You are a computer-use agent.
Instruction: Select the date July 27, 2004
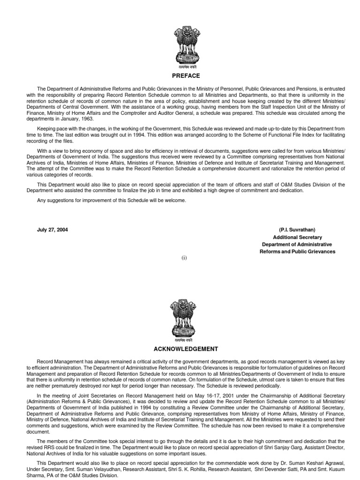coord(55,230)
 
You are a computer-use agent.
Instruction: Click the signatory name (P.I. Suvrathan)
coord(297,230)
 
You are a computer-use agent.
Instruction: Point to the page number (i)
coord(185,258)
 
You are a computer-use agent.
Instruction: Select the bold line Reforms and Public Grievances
coord(297,252)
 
